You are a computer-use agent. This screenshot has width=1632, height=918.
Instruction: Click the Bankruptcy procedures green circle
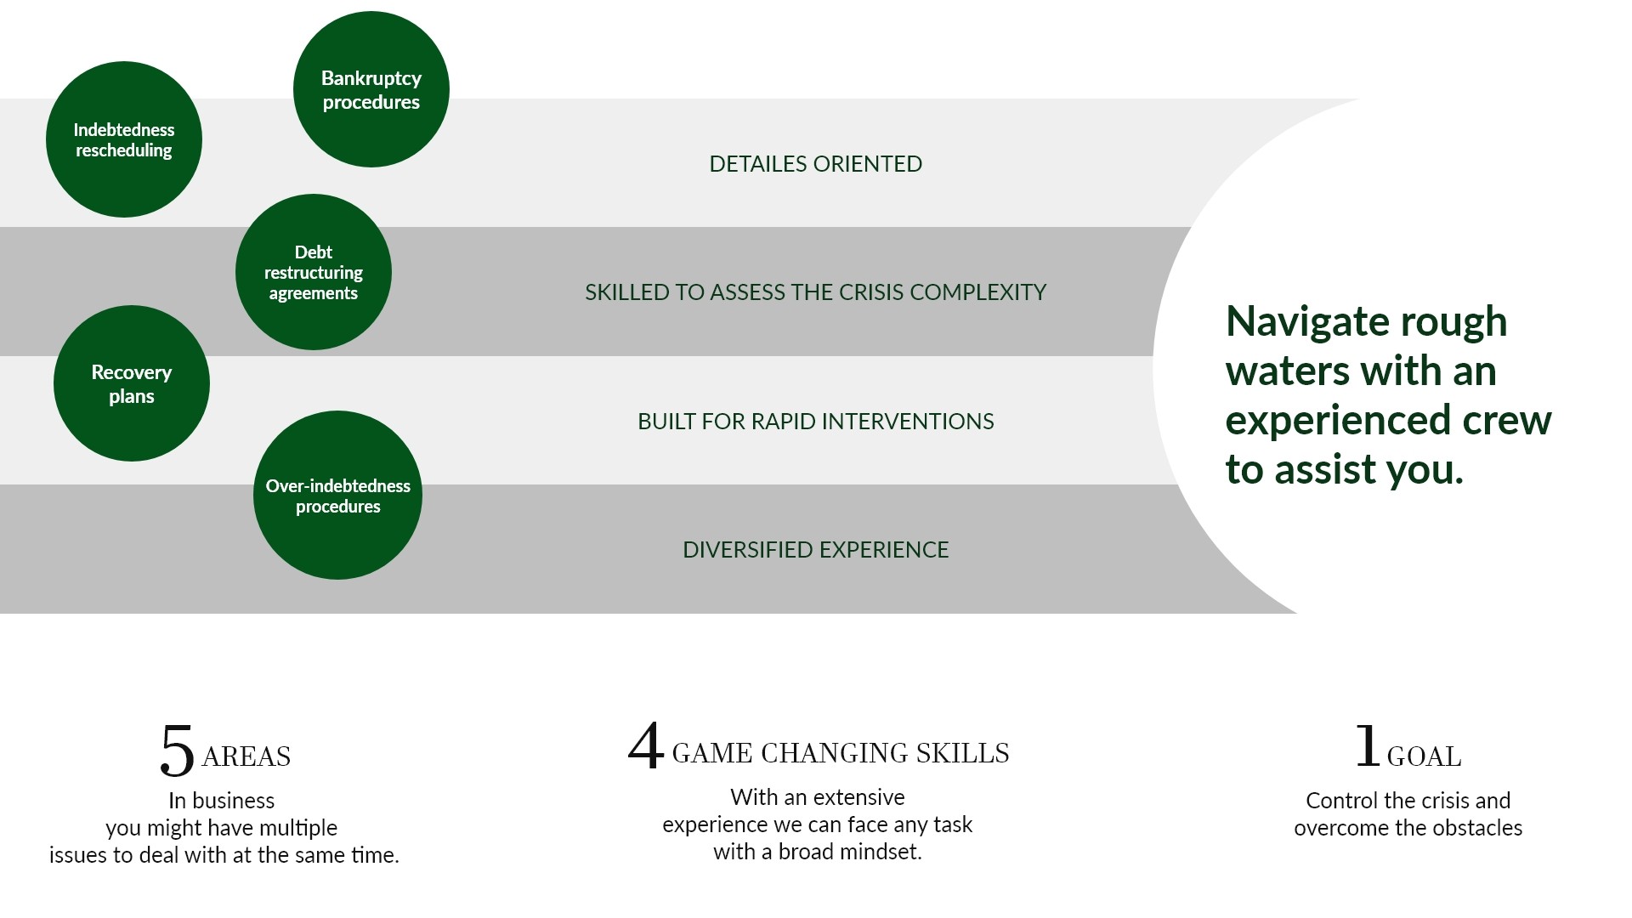(371, 89)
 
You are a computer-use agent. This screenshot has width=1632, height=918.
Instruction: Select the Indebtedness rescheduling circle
(124, 139)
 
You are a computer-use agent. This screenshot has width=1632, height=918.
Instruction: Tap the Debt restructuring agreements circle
(314, 272)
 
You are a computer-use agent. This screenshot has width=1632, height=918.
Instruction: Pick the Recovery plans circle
(132, 383)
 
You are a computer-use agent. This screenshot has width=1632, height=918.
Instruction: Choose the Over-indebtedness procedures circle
(337, 496)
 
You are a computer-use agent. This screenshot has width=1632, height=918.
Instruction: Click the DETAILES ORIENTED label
(816, 164)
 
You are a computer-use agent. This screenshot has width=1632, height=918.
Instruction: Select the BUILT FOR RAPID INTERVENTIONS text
(816, 422)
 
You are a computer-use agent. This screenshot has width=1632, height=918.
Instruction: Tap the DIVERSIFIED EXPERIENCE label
(816, 550)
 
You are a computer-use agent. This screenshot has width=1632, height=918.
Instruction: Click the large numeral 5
(177, 751)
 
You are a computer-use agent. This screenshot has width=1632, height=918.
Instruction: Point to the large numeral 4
(646, 745)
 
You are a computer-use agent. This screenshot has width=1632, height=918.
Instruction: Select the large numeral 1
(1367, 745)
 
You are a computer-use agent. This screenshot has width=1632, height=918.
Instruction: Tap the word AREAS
(246, 756)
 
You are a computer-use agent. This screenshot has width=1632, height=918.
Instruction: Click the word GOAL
(1424, 756)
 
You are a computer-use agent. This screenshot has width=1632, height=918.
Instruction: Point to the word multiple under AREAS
(298, 829)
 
